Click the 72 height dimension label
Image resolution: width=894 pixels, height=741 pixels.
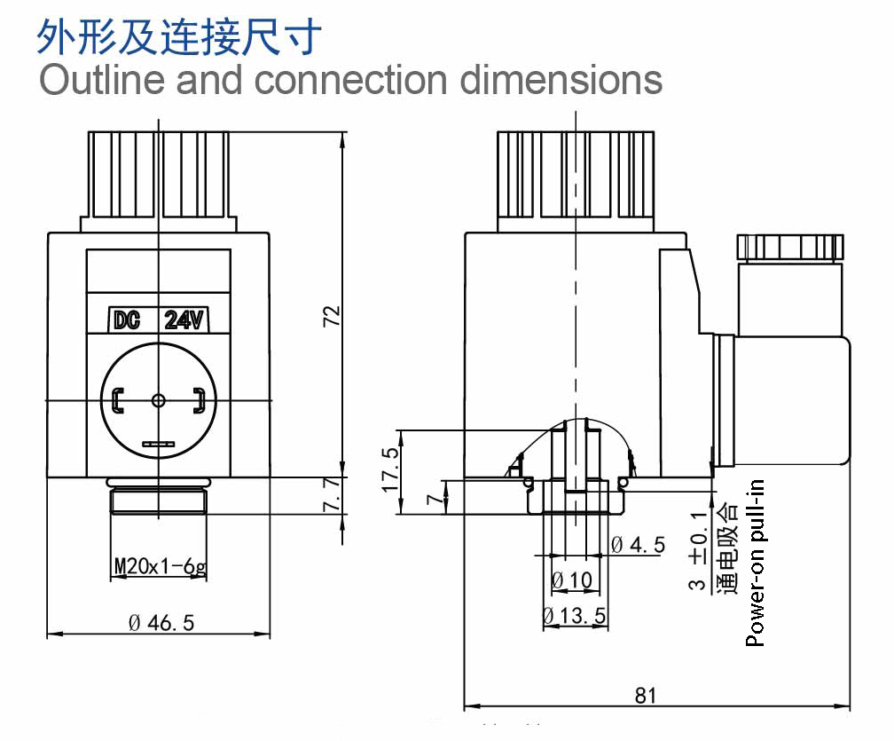pyautogui.click(x=332, y=316)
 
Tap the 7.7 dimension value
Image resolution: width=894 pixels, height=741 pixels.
pyautogui.click(x=332, y=494)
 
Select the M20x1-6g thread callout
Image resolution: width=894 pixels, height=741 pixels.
pyautogui.click(x=161, y=566)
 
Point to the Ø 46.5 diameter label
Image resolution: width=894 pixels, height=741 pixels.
pyautogui.click(x=162, y=622)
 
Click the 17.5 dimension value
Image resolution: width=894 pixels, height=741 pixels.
pyautogui.click(x=390, y=469)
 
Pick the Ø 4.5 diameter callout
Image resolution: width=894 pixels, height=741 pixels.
pyautogui.click(x=638, y=545)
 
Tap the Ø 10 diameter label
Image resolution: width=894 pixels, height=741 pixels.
pyautogui.click(x=572, y=580)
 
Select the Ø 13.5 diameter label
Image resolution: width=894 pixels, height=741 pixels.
pyautogui.click(x=574, y=616)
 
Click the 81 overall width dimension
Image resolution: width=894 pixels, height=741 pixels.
pyautogui.click(x=646, y=696)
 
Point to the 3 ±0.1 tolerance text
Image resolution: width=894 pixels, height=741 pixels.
pyautogui.click(x=698, y=550)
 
